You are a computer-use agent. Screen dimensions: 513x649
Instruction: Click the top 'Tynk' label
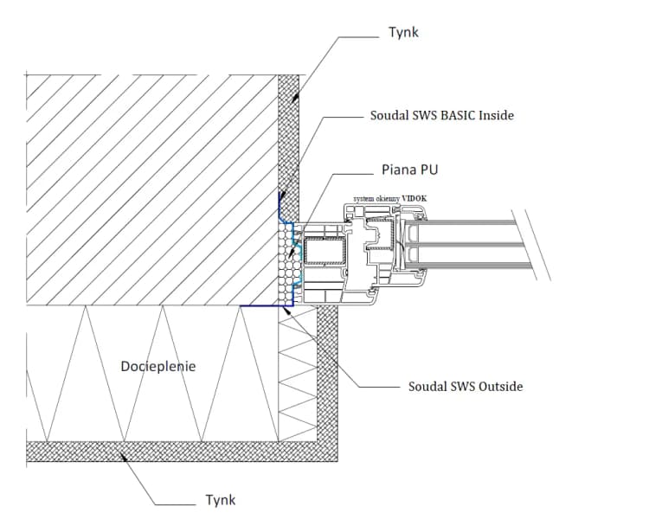click(403, 33)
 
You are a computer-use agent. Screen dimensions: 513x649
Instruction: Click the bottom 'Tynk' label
click(221, 499)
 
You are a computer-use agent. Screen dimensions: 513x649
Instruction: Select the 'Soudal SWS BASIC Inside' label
click(441, 114)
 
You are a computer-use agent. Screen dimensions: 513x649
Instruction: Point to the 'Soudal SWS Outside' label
click(465, 386)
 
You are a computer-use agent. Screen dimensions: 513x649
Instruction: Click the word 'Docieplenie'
click(158, 366)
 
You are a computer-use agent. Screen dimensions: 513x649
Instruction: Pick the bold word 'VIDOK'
click(414, 197)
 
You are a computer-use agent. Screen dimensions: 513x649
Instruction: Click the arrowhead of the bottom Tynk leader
click(126, 452)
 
